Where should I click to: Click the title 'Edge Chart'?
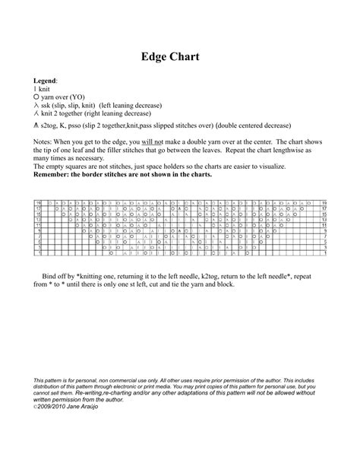pyautogui.click(x=179, y=58)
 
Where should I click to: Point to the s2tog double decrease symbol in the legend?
pyautogui.click(x=36, y=124)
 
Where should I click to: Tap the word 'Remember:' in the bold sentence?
pyautogui.click(x=52, y=175)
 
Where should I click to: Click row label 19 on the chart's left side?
pyautogui.click(x=39, y=204)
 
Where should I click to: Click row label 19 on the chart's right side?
pyautogui.click(x=324, y=204)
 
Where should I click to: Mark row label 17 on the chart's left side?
pyautogui.click(x=39, y=209)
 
